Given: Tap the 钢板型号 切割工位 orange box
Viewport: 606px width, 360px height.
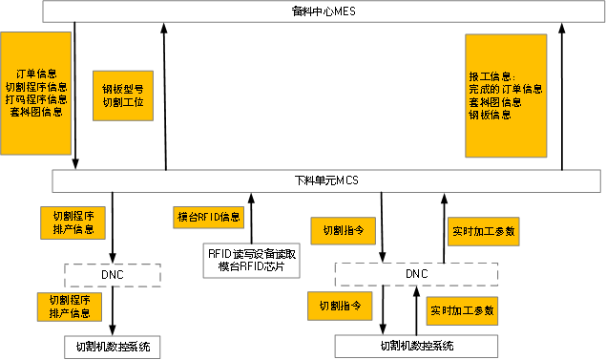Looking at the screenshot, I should pyautogui.click(x=123, y=95).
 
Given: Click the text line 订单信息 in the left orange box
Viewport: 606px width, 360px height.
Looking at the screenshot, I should pyautogui.click(x=36, y=74).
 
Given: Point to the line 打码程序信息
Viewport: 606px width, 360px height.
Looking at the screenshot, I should pyautogui.click(x=36, y=99).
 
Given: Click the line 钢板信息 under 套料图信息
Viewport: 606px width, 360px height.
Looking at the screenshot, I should pyautogui.click(x=489, y=115).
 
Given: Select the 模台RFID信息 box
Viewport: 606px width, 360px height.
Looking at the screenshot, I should pyautogui.click(x=209, y=217).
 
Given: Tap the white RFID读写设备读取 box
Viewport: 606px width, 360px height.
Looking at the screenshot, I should pyautogui.click(x=252, y=261).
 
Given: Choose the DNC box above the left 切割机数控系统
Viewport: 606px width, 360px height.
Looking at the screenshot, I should pyautogui.click(x=113, y=275).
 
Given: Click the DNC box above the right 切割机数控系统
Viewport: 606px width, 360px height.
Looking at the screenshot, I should pyautogui.click(x=416, y=275).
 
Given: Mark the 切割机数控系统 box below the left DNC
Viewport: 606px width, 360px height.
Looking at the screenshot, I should pyautogui.click(x=113, y=346).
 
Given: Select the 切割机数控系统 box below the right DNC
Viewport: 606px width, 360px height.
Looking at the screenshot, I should pyautogui.click(x=416, y=346).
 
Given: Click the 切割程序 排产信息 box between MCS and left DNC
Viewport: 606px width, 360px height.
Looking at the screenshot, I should pyautogui.click(x=73, y=222).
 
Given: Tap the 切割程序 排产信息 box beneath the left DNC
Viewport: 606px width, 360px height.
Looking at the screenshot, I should pyautogui.click(x=70, y=307).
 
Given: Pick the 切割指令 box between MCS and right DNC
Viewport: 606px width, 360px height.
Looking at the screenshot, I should pyautogui.click(x=343, y=230).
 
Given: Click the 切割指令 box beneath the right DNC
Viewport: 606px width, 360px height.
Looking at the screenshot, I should pyautogui.click(x=339, y=307).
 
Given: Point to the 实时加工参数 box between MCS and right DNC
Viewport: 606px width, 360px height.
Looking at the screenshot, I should pyautogui.click(x=483, y=231).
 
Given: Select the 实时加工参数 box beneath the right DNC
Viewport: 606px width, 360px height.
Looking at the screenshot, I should pyautogui.click(x=462, y=310).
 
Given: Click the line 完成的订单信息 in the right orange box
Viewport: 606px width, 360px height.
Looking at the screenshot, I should pyautogui.click(x=505, y=88).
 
